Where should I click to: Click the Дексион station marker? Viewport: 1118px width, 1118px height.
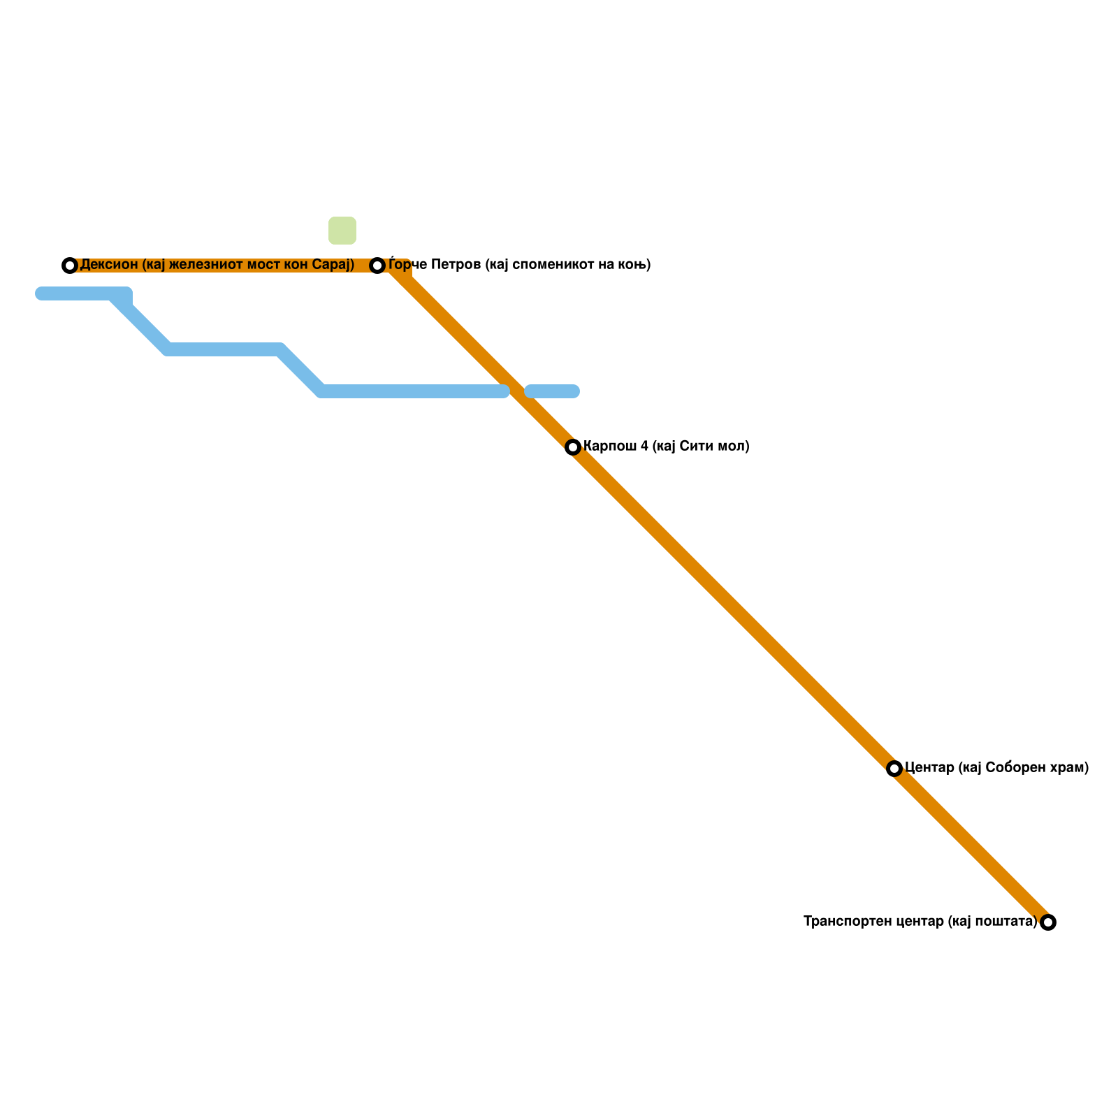click(x=69, y=266)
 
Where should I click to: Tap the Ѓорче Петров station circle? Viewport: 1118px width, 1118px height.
click(x=377, y=266)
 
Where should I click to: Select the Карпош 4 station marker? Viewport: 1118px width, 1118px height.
click(x=573, y=447)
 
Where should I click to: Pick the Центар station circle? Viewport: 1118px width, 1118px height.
click(x=894, y=769)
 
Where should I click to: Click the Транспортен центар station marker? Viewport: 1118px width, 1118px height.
click(x=1048, y=922)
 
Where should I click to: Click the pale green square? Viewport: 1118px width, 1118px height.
click(x=342, y=231)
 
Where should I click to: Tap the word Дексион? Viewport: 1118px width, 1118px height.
click(x=109, y=265)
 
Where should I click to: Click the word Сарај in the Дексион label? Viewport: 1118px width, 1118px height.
click(x=333, y=265)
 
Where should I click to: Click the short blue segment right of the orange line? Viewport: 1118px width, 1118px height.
click(x=553, y=391)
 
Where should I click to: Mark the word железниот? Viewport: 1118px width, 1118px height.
click(x=207, y=265)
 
